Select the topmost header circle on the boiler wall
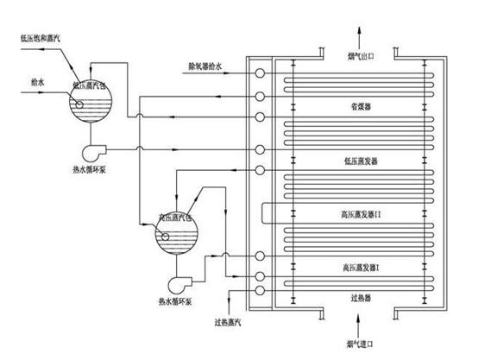pos(259,74)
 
